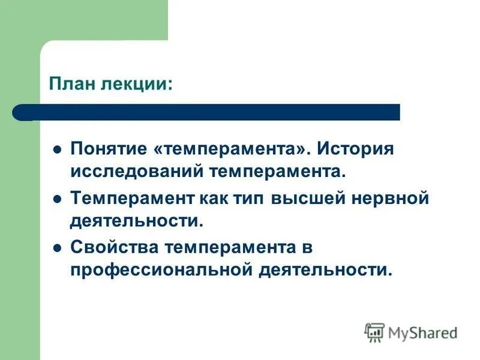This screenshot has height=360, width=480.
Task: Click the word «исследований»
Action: pos(137,172)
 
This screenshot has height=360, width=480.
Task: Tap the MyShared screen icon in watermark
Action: pos(374,332)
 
